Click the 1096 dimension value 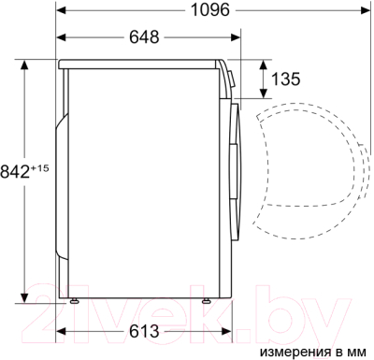[x=209, y=9]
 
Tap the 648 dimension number [x=144, y=37]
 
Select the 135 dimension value [x=286, y=79]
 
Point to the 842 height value [x=14, y=172]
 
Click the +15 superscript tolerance [x=39, y=168]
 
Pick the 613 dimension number [x=144, y=331]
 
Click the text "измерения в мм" [x=313, y=352]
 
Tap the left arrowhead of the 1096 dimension [x=61, y=10]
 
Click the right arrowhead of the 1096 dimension [x=366, y=10]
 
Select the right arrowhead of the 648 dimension [x=236, y=37]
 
